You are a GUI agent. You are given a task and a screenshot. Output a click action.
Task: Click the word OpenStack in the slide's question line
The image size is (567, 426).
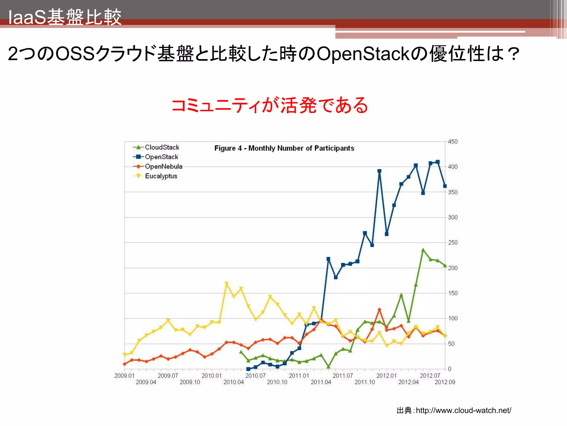[x=363, y=54]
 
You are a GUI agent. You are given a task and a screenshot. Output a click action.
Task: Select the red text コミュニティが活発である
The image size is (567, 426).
[x=270, y=106]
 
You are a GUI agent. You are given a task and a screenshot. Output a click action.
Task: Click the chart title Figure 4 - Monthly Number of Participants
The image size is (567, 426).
[x=284, y=148]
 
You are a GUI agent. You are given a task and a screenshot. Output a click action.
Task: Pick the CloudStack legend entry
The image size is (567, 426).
[x=162, y=147]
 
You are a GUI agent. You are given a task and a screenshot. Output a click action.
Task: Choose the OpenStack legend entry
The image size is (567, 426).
[x=161, y=157]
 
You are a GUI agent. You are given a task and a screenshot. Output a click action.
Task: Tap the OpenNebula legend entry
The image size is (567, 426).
[x=163, y=166]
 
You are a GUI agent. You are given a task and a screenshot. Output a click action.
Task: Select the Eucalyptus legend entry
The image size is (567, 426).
[x=161, y=176]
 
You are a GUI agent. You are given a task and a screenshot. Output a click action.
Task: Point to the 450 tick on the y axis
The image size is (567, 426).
[x=453, y=142]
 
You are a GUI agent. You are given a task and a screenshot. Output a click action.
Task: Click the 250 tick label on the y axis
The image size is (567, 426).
[x=453, y=243]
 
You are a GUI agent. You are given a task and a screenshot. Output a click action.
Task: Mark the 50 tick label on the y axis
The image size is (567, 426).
[x=451, y=344]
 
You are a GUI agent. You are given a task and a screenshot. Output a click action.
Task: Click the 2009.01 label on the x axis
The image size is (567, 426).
[x=124, y=376]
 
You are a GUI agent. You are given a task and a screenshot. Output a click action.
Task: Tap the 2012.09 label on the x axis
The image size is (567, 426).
[x=445, y=382]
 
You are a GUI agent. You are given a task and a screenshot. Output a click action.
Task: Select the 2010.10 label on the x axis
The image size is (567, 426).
[x=277, y=382]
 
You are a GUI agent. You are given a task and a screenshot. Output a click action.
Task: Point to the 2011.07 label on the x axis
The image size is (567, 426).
[x=342, y=376]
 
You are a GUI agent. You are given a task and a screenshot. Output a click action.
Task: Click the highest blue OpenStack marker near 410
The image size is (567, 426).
[x=438, y=162]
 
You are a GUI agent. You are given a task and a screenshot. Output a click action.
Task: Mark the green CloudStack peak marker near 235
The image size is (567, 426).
[x=423, y=250]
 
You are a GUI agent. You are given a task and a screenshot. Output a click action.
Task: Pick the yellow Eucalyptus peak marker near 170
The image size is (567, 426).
[x=226, y=283]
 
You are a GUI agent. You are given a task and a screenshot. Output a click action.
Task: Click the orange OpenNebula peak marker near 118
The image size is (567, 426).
[x=379, y=310]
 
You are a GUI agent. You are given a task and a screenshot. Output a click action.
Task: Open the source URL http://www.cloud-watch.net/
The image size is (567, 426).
[x=463, y=410]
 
